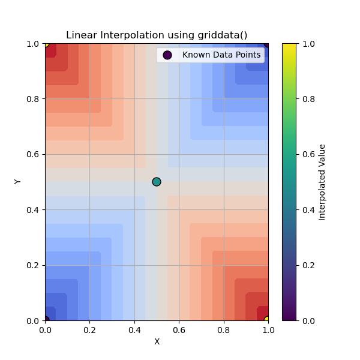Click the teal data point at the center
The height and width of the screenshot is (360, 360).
coord(157,182)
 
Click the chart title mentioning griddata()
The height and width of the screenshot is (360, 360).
coord(157,35)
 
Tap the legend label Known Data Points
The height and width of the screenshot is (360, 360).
coord(221,55)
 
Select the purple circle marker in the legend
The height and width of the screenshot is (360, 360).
coord(167,55)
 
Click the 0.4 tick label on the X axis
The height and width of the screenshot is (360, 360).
coord(134,329)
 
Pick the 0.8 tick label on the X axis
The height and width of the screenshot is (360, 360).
coord(224,329)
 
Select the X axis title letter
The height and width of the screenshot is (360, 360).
coord(157,341)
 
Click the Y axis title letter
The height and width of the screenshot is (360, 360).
coord(18,182)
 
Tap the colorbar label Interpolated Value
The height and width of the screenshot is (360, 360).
coord(322,182)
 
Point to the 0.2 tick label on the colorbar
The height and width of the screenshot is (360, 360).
coord(308,265)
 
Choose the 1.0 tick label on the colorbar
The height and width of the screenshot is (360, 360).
coord(308,44)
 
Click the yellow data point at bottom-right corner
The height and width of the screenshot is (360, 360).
coord(268,320)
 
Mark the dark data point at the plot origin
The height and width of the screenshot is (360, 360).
coord(46,320)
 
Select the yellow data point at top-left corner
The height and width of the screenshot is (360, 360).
coord(46,44)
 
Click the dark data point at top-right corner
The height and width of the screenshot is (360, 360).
coord(268,44)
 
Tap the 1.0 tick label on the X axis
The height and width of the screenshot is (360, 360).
coord(268,329)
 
